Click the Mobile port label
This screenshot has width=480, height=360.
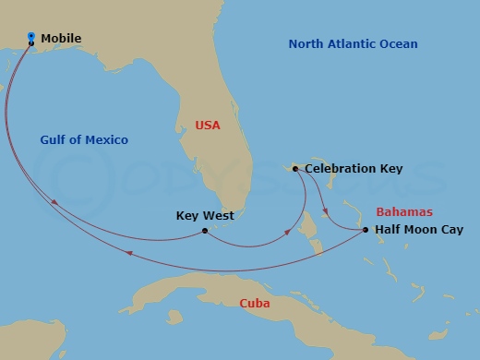click(x=62, y=39)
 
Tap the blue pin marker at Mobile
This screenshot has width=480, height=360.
click(x=31, y=37)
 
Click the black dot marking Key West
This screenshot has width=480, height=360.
click(x=204, y=231)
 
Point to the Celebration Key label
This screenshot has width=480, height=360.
click(x=354, y=169)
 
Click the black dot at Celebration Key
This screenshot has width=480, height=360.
click(x=294, y=169)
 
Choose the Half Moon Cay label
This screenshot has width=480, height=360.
click(x=420, y=230)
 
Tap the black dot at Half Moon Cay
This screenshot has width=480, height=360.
click(x=366, y=230)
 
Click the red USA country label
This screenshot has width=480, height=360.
click(x=208, y=125)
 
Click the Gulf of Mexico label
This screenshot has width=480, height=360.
click(x=84, y=140)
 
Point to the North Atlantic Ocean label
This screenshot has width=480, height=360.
click(x=353, y=44)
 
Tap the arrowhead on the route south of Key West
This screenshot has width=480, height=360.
click(x=127, y=253)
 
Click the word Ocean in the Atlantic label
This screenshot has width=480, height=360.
click(x=399, y=44)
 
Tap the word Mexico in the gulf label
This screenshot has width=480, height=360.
click(x=107, y=140)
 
